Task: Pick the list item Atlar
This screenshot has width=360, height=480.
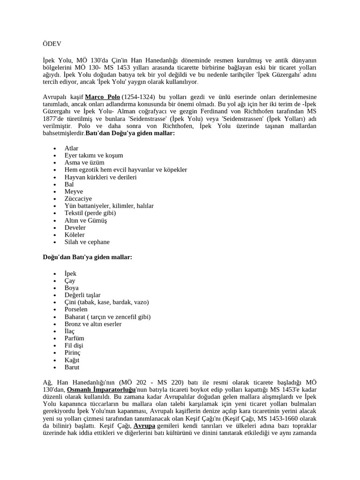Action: coord(72,148)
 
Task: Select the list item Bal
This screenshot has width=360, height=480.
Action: coord(69,184)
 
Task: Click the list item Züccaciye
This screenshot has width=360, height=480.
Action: coord(78,199)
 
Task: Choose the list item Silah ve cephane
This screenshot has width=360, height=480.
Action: coord(87,242)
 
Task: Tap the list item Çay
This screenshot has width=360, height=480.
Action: coord(70,281)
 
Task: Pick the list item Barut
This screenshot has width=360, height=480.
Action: coord(72,367)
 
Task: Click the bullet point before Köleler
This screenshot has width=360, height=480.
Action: coord(55,235)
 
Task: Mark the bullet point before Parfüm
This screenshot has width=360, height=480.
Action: coord(55,338)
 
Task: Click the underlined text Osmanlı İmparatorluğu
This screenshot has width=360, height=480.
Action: coord(101,390)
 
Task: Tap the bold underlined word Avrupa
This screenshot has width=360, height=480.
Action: coord(144,426)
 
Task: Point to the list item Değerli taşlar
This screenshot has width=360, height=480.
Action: coord(82,295)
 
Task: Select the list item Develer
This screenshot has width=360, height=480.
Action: coord(75,227)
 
